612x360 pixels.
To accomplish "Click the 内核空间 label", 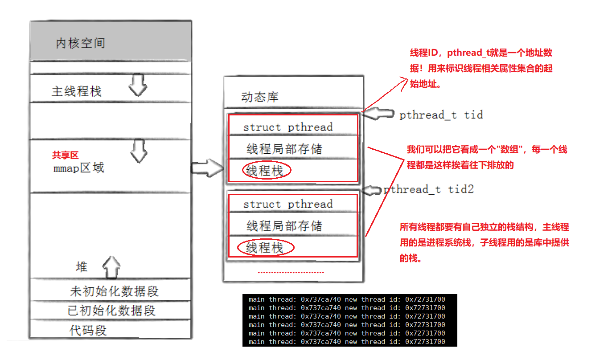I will pos(80,43).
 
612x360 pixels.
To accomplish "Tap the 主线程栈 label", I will pos(77,91).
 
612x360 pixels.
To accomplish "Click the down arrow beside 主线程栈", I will pos(138,86).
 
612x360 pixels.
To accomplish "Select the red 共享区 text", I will pos(65,155).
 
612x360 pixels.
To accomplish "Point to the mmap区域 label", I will pos(78,168).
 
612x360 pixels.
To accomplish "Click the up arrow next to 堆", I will pos(111,267).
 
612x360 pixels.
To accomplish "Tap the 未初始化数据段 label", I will pos(114,291).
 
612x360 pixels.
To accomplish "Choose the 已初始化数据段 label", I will pos(111,310).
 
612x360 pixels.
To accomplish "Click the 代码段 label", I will pos(88,330).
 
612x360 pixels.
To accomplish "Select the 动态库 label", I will pos(260,97).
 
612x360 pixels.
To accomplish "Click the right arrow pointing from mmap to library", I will pos(207,168).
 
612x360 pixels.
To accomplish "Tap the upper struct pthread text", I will pos(288,127).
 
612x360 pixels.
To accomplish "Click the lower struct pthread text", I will pos(288,204).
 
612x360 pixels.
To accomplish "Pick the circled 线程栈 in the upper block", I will pos(266,171).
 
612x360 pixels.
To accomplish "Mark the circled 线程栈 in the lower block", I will pos(266,248).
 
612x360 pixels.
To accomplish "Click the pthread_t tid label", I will pos(441,115).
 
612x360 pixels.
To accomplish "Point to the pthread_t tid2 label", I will pos(428,189).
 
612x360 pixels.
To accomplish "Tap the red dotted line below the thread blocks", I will pos(291,272).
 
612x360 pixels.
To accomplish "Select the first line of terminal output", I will pos(347,299).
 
